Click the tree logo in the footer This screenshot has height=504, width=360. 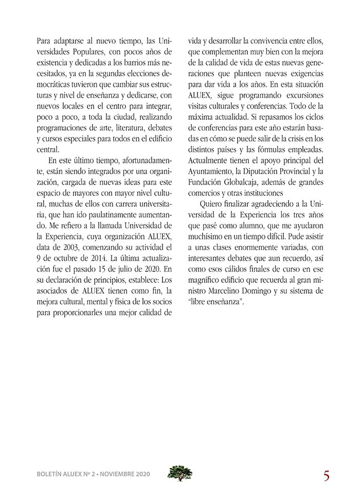180,473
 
